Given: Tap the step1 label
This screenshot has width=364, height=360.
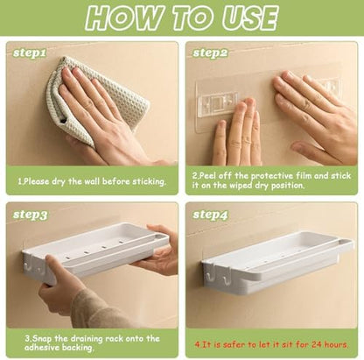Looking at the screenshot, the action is pyautogui.click(x=30, y=53).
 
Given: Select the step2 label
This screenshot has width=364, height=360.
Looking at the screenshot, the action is pyautogui.click(x=210, y=53).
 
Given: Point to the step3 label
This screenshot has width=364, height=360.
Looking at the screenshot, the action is pyautogui.click(x=30, y=215).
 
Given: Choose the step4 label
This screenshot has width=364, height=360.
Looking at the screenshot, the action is pyautogui.click(x=210, y=215).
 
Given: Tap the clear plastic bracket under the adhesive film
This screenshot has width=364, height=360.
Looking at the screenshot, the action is pyautogui.click(x=217, y=102).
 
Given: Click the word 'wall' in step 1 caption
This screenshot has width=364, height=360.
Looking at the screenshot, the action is pyautogui.click(x=92, y=181).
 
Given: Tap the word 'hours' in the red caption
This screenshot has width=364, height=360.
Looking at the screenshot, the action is pyautogui.click(x=335, y=344).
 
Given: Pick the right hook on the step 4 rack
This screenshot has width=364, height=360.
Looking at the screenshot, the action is pyautogui.click(x=224, y=280).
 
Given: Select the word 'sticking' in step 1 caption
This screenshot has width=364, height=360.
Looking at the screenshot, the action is pyautogui.click(x=150, y=181).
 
